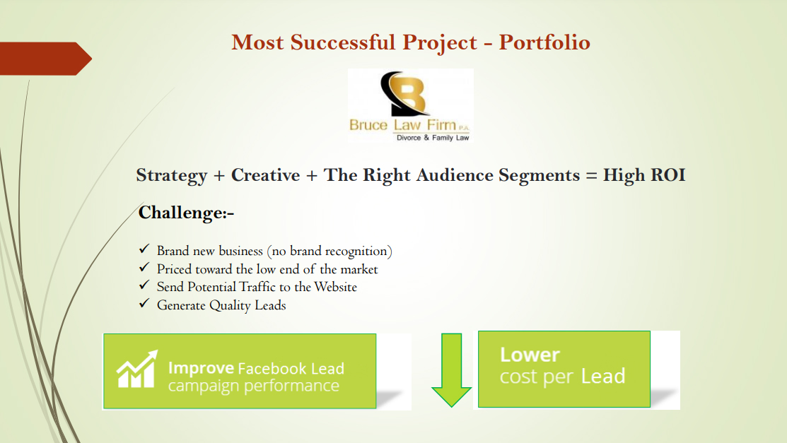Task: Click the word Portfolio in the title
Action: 544,42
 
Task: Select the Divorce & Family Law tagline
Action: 433,138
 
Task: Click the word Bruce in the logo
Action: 368,125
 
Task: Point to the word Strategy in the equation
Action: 172,176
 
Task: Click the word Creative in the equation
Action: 265,175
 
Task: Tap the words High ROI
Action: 644,175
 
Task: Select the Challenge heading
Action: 186,213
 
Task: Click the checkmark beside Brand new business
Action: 144,249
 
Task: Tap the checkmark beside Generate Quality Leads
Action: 144,303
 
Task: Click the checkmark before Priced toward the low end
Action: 144,267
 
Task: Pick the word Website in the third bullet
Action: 335,287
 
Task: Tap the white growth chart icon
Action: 137,370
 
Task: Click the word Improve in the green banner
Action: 201,369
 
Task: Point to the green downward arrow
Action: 451,370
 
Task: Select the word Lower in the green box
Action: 530,355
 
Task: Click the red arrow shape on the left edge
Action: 46,59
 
